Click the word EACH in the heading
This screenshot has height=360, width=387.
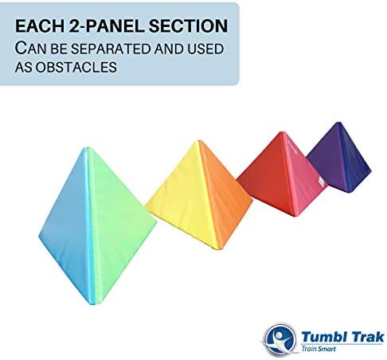40,26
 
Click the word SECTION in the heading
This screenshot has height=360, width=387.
188,26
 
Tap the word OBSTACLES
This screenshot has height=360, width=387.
76,67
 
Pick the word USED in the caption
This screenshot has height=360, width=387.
205,49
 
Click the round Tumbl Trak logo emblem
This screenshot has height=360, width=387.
279,339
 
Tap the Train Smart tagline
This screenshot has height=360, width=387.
319,349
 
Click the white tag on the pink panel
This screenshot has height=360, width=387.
321,182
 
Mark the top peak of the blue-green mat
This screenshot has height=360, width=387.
86,147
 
